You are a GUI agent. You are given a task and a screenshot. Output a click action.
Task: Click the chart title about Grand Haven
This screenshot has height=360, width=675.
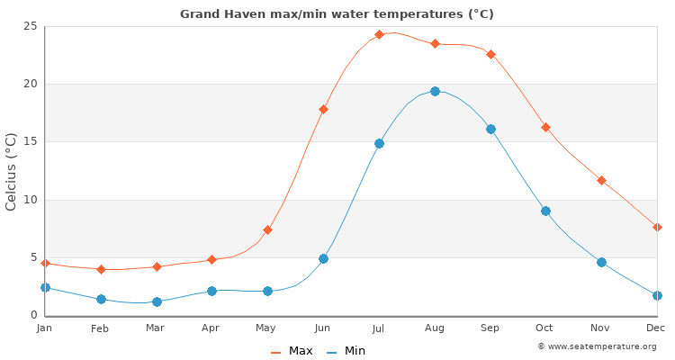coord(337,14)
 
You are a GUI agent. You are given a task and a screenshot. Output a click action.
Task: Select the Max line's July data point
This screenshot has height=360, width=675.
coord(379,35)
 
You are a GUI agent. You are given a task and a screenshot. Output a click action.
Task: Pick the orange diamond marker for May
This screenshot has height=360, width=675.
coord(267,230)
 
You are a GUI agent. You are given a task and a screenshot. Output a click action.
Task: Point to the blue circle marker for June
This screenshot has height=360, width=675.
coord(323,258)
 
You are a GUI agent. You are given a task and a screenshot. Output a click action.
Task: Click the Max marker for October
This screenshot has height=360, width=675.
coord(545,128)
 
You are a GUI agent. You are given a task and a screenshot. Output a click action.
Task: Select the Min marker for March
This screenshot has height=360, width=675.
coord(157,301)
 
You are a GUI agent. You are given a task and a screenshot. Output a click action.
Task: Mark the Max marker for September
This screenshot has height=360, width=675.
coord(490,54)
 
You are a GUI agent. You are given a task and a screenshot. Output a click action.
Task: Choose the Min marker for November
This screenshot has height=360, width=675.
coord(601,262)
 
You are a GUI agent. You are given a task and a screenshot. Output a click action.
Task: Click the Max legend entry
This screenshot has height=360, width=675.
coord(292,351)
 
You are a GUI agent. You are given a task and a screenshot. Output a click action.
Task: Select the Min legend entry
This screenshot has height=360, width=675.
coord(346,351)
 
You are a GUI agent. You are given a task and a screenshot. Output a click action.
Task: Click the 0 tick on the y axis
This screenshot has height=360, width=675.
coord(33,315)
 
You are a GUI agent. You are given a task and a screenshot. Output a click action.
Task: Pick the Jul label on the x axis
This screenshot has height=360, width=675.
coord(378,328)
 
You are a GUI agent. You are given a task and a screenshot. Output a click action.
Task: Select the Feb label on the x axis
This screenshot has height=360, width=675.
coord(100,328)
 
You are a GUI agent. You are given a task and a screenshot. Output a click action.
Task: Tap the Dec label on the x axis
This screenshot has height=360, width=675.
coord(656,328)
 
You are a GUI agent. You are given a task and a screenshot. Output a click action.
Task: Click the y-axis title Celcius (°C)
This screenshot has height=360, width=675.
coord(12,171)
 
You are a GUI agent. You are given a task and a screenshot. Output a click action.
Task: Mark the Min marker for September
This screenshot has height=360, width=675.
coord(490,129)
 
